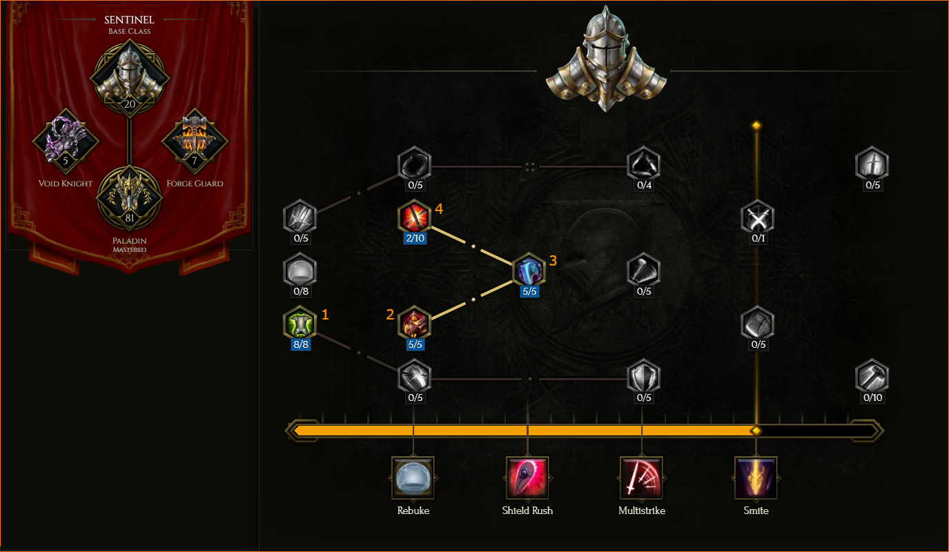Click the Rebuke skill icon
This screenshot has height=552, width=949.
pos(413,477)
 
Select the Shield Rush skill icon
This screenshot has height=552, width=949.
pos(527,477)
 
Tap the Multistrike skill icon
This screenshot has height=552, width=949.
pos(641,477)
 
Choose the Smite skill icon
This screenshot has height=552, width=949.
pos(756,477)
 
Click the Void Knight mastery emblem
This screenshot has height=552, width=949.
pos(66,141)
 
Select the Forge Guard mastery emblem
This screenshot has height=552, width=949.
pos(195,141)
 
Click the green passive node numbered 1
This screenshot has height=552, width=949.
pos(300,324)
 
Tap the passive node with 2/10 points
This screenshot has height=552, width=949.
pos(414,217)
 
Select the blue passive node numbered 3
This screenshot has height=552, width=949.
pos(529,270)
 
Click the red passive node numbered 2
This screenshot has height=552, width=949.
pos(414,324)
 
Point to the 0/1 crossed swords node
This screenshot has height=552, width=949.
pos(758,217)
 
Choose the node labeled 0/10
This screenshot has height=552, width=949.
pos(872,377)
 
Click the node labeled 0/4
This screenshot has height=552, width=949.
pos(643,164)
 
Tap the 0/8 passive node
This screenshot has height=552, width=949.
pos(300,270)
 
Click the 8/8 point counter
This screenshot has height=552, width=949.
pos(301,344)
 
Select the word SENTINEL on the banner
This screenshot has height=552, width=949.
pos(129,20)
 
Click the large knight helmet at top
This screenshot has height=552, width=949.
pos(606,59)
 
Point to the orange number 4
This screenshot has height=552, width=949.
pos(439,209)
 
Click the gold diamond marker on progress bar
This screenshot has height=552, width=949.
pos(756,431)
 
